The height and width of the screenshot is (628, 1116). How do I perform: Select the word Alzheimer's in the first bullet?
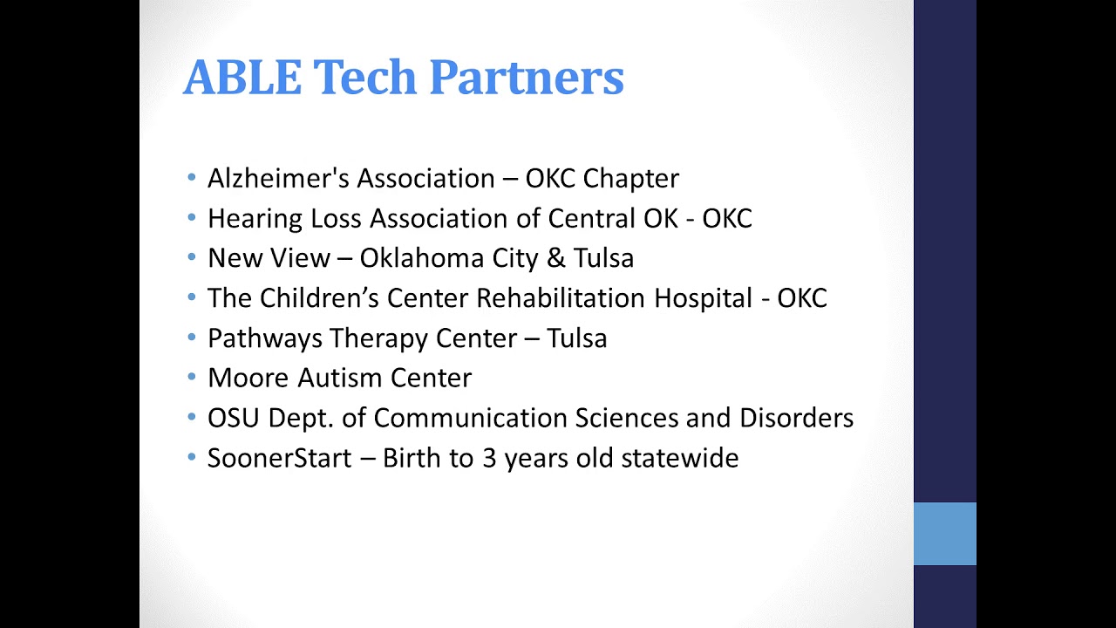tap(277, 179)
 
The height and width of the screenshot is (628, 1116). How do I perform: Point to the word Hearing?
tap(255, 218)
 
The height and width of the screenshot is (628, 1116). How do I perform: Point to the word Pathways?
tap(263, 338)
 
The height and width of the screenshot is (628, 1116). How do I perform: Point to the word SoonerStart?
tap(279, 458)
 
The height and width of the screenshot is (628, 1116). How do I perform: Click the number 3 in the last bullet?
tap(489, 458)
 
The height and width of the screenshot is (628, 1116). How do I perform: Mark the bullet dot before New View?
tap(192, 258)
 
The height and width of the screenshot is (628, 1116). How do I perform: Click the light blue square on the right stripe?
tap(944, 533)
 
